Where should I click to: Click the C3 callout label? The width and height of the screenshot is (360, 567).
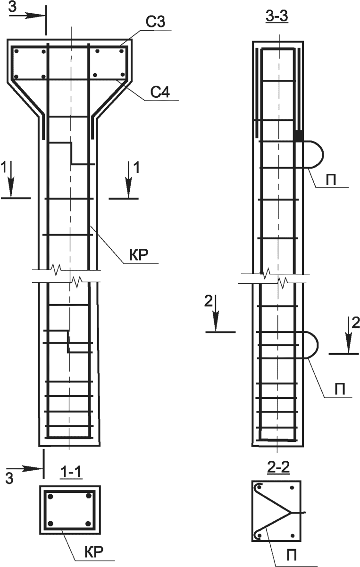155,22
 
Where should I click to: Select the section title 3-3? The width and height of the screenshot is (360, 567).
277,17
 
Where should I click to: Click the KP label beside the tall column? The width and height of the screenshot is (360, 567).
139,255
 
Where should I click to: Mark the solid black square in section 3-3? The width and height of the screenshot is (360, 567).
299,135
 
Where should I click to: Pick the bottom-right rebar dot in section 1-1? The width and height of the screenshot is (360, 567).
88,523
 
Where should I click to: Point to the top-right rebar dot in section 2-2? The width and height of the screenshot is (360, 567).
292,488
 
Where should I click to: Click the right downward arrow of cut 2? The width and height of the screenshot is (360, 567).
349,334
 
